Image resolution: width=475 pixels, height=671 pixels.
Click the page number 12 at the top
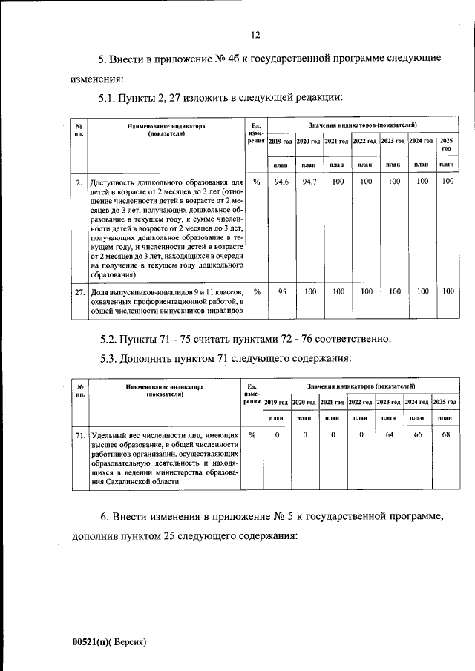click(255, 34)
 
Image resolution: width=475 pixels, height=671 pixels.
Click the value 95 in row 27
click(281, 291)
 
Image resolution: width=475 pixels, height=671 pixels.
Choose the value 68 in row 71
click(445, 434)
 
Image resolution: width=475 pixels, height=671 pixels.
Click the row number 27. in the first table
click(79, 292)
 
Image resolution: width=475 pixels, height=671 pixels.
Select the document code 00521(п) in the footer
click(92, 642)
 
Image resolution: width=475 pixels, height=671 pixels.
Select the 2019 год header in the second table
click(277, 401)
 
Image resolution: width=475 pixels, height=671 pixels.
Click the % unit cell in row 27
click(256, 291)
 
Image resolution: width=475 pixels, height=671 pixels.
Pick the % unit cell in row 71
click(252, 434)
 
